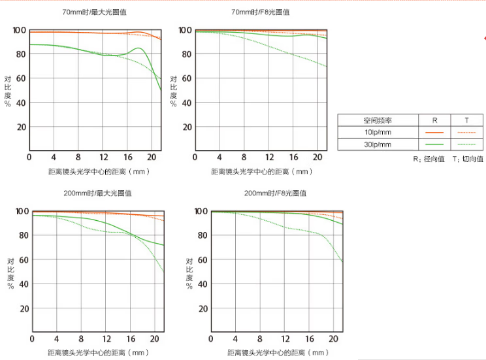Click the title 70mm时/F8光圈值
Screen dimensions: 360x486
point(260,12)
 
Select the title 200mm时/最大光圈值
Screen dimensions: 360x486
point(97,193)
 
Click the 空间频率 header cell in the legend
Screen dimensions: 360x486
point(378,120)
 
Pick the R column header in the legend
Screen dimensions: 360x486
point(435,120)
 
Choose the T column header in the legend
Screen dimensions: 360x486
point(466,120)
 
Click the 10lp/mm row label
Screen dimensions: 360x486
point(378,133)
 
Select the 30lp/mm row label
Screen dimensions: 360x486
point(378,144)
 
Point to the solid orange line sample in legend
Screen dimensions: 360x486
point(434,133)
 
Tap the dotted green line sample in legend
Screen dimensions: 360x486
point(466,144)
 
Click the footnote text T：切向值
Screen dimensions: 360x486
point(468,159)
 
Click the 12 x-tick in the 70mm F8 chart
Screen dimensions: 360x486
point(268,157)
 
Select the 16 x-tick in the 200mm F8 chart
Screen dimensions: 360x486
point(310,338)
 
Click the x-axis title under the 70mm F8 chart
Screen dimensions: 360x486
point(261,172)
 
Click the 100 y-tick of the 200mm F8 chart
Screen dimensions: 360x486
point(201,211)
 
